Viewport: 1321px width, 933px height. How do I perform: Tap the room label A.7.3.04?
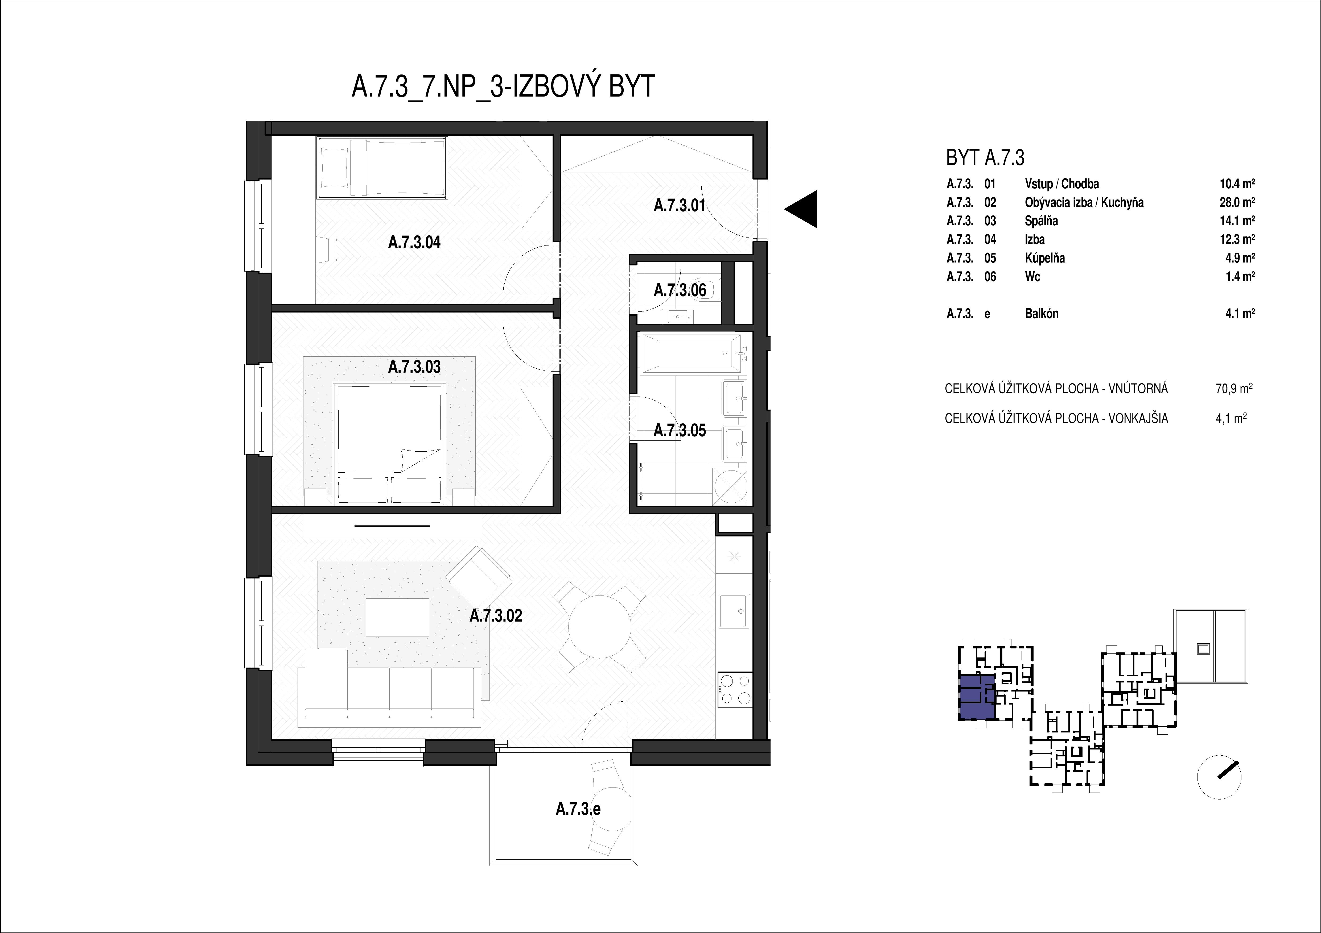pos(414,243)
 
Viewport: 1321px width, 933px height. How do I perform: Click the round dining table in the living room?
pos(599,627)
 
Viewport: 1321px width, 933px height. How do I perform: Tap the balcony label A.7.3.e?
pos(578,809)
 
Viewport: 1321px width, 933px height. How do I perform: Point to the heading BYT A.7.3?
pos(985,157)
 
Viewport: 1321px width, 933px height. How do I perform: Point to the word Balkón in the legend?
pos(1041,314)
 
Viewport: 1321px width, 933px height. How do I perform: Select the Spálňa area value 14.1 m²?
pos(1237,221)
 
